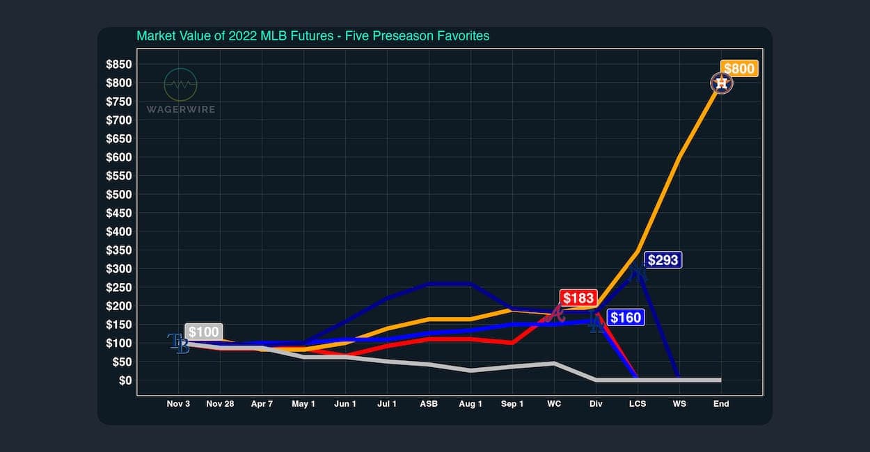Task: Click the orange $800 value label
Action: tap(738, 68)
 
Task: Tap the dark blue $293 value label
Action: tap(662, 260)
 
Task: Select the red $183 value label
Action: tap(578, 298)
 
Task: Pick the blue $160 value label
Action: tap(625, 318)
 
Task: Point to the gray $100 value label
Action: tap(203, 332)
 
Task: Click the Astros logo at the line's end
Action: tap(722, 84)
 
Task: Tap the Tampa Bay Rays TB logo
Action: tap(179, 343)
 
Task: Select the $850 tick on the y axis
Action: tap(118, 65)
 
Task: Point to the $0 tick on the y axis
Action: tap(125, 380)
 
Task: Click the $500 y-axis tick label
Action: tap(118, 195)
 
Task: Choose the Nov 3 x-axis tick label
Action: tap(178, 404)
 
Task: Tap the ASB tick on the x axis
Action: tap(429, 404)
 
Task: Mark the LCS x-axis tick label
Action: tap(638, 404)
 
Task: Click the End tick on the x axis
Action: tap(721, 404)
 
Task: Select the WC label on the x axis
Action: tap(554, 404)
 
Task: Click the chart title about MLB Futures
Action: tap(313, 35)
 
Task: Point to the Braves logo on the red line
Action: tap(555, 314)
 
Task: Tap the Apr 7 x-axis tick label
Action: tap(262, 404)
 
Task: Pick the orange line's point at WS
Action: tap(679, 158)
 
